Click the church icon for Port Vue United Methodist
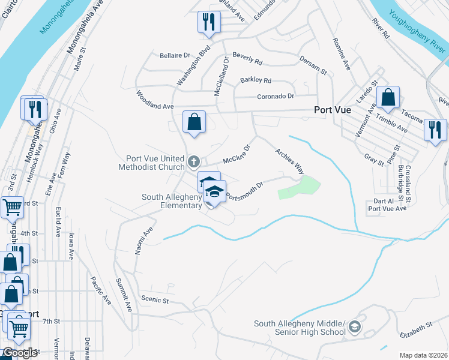click(193, 161)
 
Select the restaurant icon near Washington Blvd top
click(209, 22)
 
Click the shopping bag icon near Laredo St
click(388, 97)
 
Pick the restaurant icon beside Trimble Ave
click(435, 130)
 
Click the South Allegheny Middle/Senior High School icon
click(355, 327)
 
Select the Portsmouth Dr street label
click(244, 191)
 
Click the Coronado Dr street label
click(276, 96)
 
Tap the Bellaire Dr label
click(158, 55)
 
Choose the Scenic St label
click(155, 298)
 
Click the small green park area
click(298, 188)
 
